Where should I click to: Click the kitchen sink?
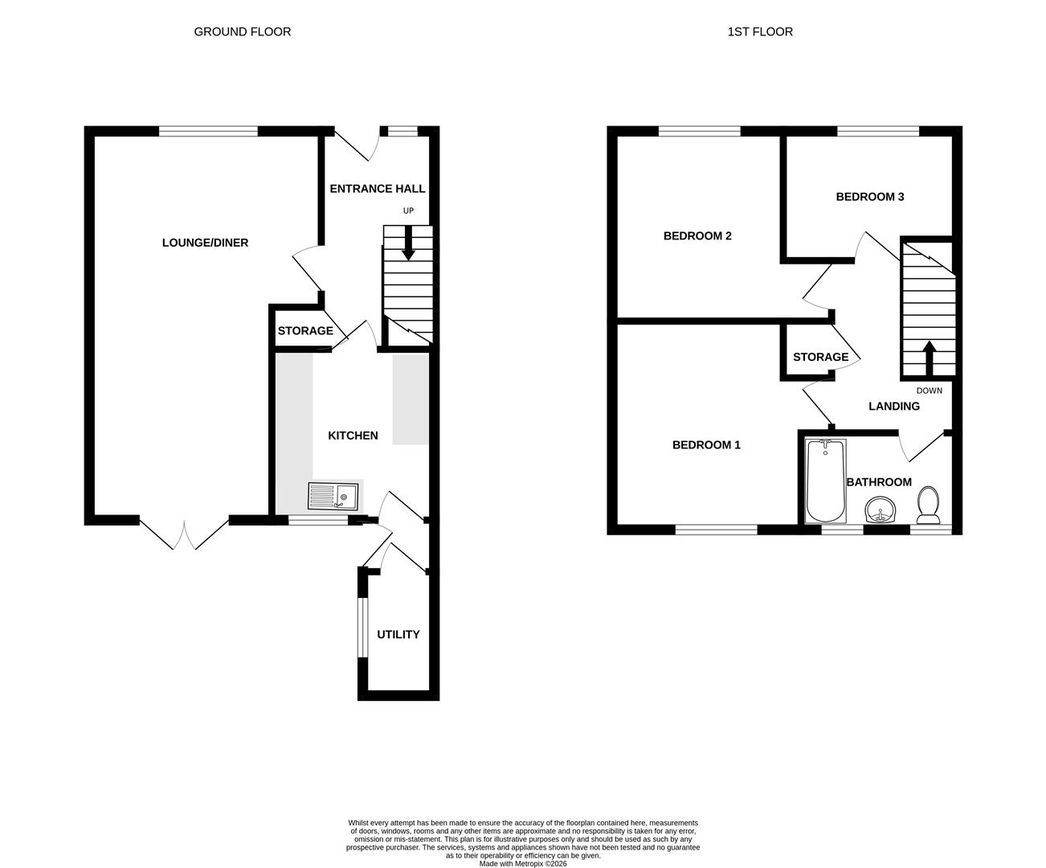pyautogui.click(x=333, y=497)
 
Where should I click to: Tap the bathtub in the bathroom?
pyautogui.click(x=825, y=481)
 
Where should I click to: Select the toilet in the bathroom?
pyautogui.click(x=929, y=504)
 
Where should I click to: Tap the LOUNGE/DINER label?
pyautogui.click(x=205, y=243)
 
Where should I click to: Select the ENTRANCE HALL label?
pyautogui.click(x=378, y=189)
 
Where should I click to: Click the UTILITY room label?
pyautogui.click(x=398, y=634)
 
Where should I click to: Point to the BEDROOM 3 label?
pyautogui.click(x=869, y=197)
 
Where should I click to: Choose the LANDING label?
pyautogui.click(x=893, y=407)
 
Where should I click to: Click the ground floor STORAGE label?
pyautogui.click(x=305, y=331)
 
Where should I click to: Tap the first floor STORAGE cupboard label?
pyautogui.click(x=820, y=357)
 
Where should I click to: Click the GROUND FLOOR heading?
pyautogui.click(x=243, y=32)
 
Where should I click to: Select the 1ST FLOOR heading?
pyautogui.click(x=760, y=32)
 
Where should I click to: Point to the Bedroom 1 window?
pyautogui.click(x=716, y=529)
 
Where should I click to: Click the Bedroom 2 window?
pyautogui.click(x=699, y=131)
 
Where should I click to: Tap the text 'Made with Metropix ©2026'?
pyautogui.click(x=523, y=864)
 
